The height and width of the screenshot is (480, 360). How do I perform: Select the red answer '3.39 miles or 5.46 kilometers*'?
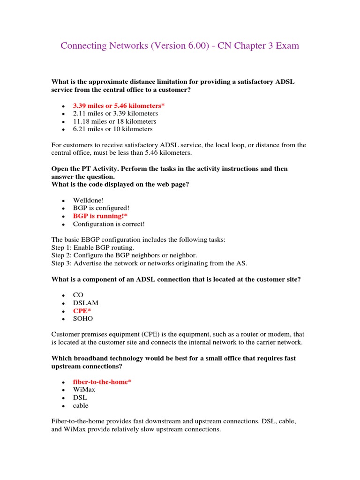click(119, 106)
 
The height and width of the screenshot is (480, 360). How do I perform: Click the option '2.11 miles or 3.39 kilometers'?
click(115, 113)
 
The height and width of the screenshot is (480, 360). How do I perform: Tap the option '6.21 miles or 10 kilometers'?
click(112, 129)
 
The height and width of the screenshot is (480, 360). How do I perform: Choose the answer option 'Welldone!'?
click(88, 201)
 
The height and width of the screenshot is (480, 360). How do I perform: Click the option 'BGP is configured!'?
click(101, 209)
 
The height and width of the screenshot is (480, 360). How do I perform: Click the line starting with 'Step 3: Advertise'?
click(149, 263)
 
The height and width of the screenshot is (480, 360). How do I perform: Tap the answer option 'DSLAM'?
click(86, 303)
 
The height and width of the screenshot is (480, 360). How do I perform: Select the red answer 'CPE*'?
click(82, 311)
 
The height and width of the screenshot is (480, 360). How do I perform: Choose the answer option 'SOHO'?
click(83, 319)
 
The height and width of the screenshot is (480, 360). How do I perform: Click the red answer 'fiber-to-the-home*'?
click(102, 382)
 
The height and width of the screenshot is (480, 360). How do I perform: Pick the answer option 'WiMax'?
click(84, 390)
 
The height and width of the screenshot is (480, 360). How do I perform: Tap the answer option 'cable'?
click(81, 405)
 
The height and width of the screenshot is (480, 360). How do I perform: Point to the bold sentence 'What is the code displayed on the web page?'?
click(120, 184)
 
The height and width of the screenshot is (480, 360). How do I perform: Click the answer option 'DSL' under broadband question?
click(80, 397)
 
